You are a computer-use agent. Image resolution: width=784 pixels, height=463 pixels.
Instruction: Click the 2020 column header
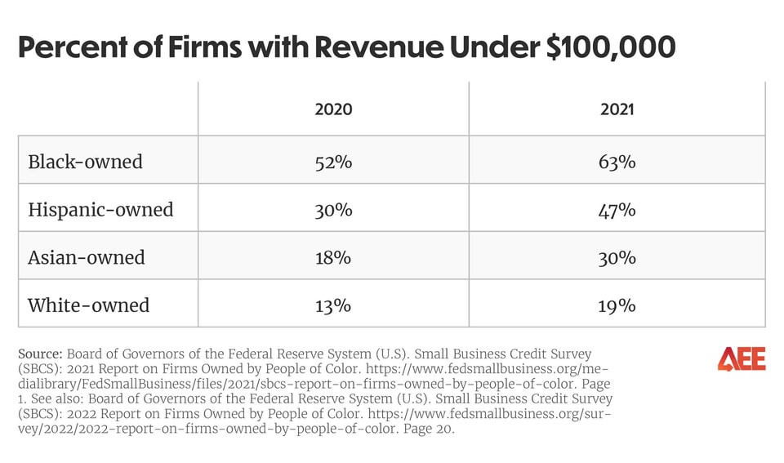click(333, 109)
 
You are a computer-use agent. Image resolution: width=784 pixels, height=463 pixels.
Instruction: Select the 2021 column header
click(617, 109)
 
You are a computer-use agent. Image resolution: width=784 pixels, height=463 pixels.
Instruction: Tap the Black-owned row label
click(85, 162)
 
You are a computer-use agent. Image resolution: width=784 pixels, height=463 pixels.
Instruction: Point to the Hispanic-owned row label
click(100, 210)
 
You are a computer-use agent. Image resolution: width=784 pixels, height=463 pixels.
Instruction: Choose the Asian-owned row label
click(86, 257)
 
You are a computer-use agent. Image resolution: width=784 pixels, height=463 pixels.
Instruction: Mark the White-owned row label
click(88, 305)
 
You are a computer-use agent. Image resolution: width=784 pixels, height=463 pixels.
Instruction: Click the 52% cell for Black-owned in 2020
click(333, 162)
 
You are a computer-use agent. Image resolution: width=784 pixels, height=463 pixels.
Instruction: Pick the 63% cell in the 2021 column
click(617, 162)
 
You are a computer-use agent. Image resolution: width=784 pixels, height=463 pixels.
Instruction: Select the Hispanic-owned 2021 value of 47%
click(617, 210)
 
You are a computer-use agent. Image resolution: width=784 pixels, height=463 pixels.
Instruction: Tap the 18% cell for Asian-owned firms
click(333, 257)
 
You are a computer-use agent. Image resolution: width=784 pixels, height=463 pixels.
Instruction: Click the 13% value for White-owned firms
click(333, 305)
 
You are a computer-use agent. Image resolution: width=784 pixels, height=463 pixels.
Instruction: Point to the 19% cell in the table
click(617, 305)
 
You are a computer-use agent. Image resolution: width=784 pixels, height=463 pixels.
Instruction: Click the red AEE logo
click(742, 358)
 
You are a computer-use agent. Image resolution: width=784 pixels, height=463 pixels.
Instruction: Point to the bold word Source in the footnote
click(39, 354)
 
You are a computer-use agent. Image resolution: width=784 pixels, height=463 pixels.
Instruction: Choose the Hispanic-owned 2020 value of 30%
click(333, 210)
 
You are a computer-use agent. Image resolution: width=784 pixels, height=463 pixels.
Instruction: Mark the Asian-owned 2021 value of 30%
click(617, 257)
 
